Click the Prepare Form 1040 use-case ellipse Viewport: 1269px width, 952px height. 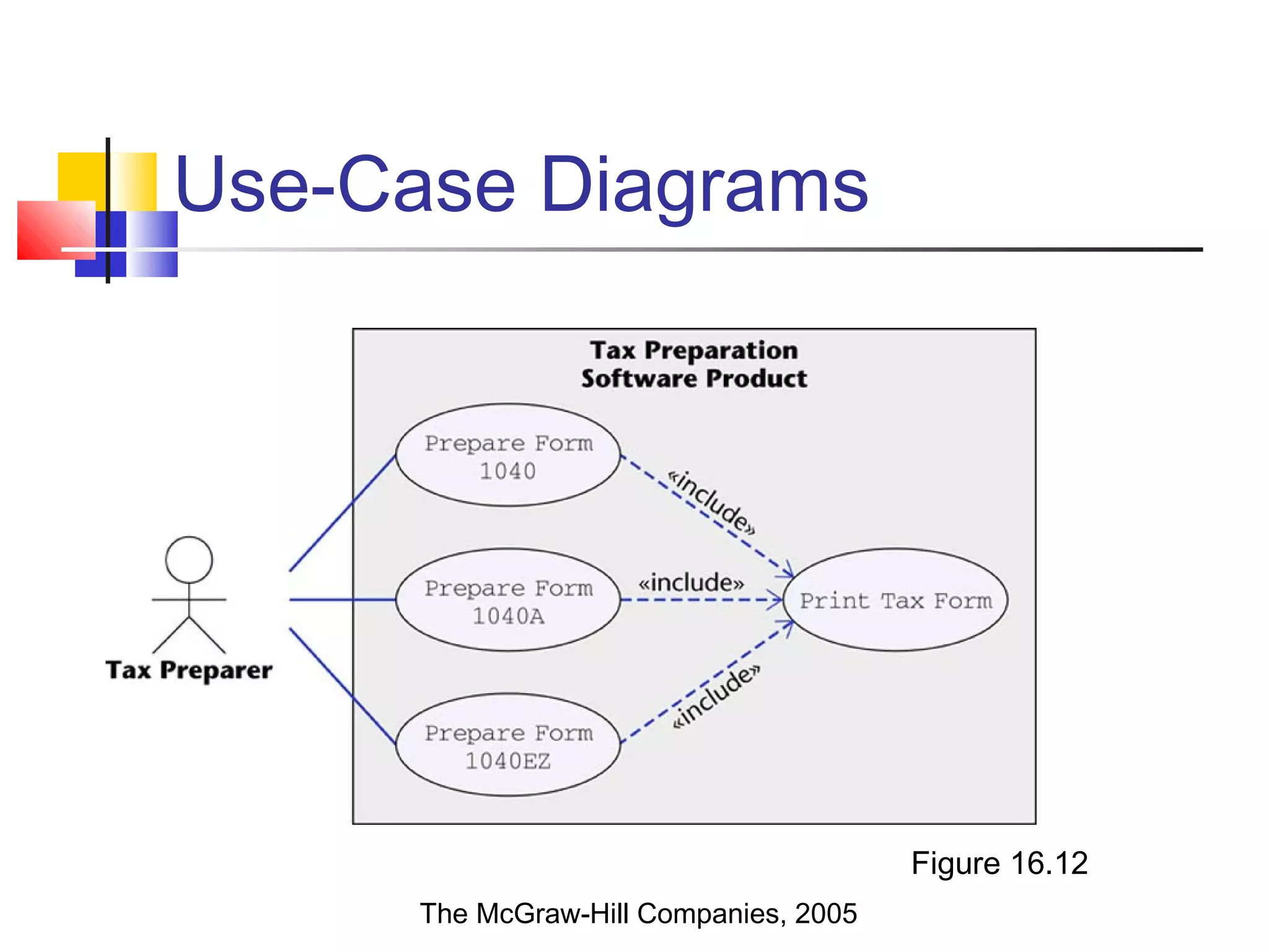tap(508, 456)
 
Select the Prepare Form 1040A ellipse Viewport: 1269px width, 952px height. tap(508, 600)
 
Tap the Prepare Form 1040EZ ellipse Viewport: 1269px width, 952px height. tap(508, 745)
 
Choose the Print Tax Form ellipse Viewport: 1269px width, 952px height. tap(895, 600)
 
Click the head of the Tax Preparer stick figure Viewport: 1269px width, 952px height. tap(189, 560)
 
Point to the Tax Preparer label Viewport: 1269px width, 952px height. tap(189, 671)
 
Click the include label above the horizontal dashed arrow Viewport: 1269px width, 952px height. tap(691, 583)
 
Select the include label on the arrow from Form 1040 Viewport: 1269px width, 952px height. tap(713, 502)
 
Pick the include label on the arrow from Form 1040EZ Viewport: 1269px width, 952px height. tap(716, 697)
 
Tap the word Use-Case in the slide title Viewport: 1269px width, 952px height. tap(345, 185)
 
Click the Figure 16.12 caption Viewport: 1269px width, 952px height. tap(999, 863)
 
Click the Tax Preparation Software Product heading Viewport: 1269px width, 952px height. tap(694, 364)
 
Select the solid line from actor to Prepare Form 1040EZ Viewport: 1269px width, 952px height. tap(342, 685)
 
